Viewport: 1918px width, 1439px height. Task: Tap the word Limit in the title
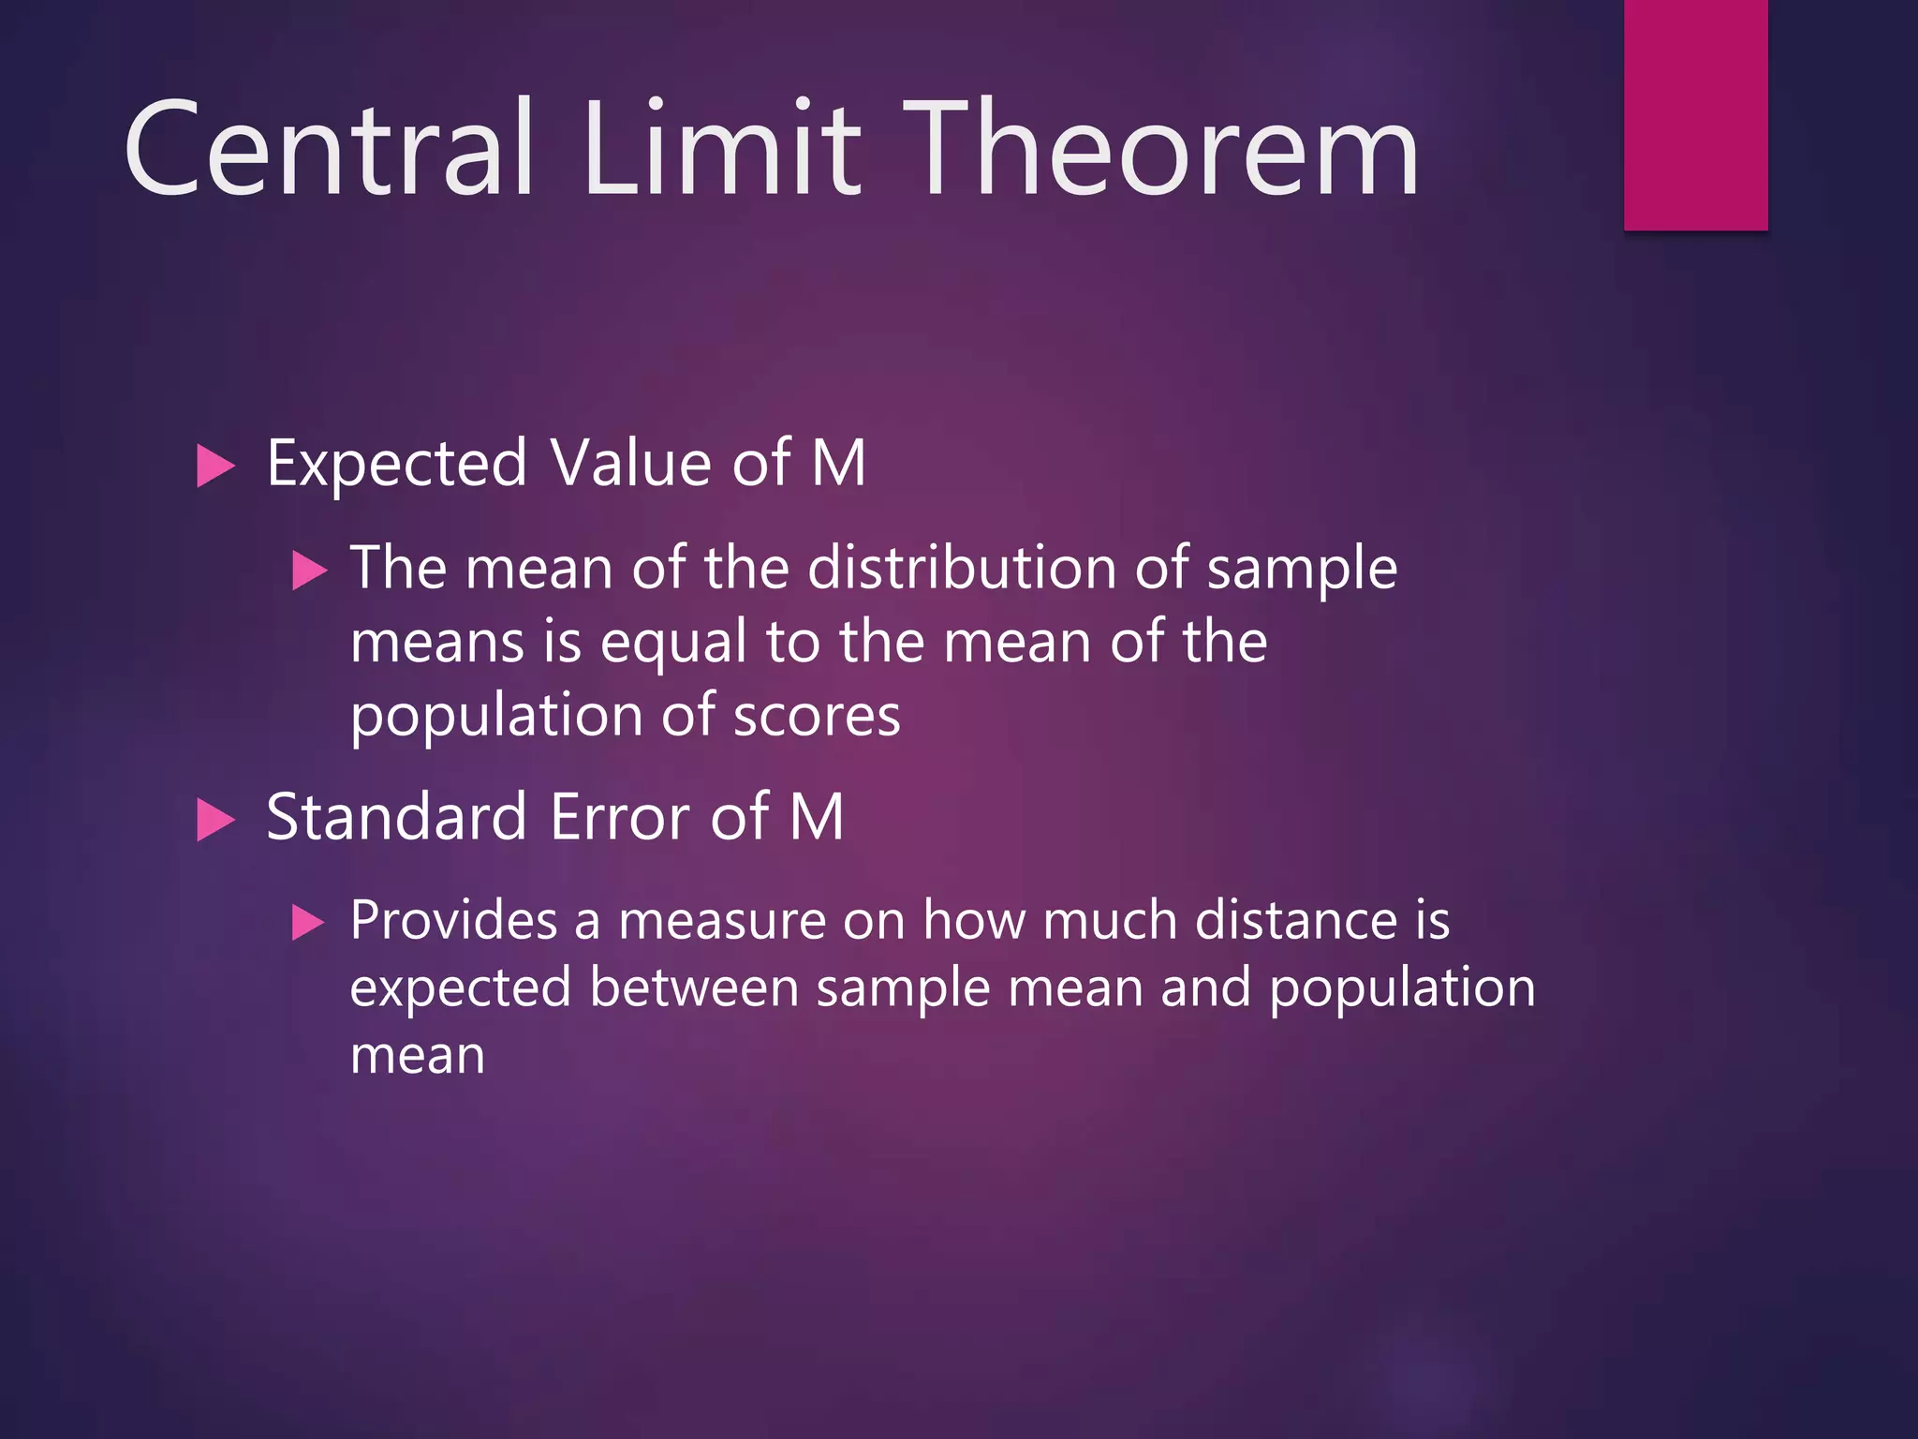pyautogui.click(x=721, y=150)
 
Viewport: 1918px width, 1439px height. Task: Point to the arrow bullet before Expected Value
pyautogui.click(x=215, y=467)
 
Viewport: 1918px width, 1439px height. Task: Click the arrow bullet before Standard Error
pyautogui.click(x=215, y=820)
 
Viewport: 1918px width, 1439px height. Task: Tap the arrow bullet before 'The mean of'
pyautogui.click(x=309, y=571)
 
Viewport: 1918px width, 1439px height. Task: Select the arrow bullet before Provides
pyautogui.click(x=308, y=922)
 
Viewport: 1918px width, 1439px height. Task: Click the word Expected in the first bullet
pyautogui.click(x=397, y=464)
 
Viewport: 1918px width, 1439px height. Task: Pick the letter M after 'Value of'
pyautogui.click(x=838, y=464)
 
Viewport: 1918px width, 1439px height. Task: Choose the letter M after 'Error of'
pyautogui.click(x=817, y=817)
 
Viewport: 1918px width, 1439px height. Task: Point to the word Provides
pyautogui.click(x=453, y=920)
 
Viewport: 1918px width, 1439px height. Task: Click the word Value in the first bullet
pyautogui.click(x=630, y=464)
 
